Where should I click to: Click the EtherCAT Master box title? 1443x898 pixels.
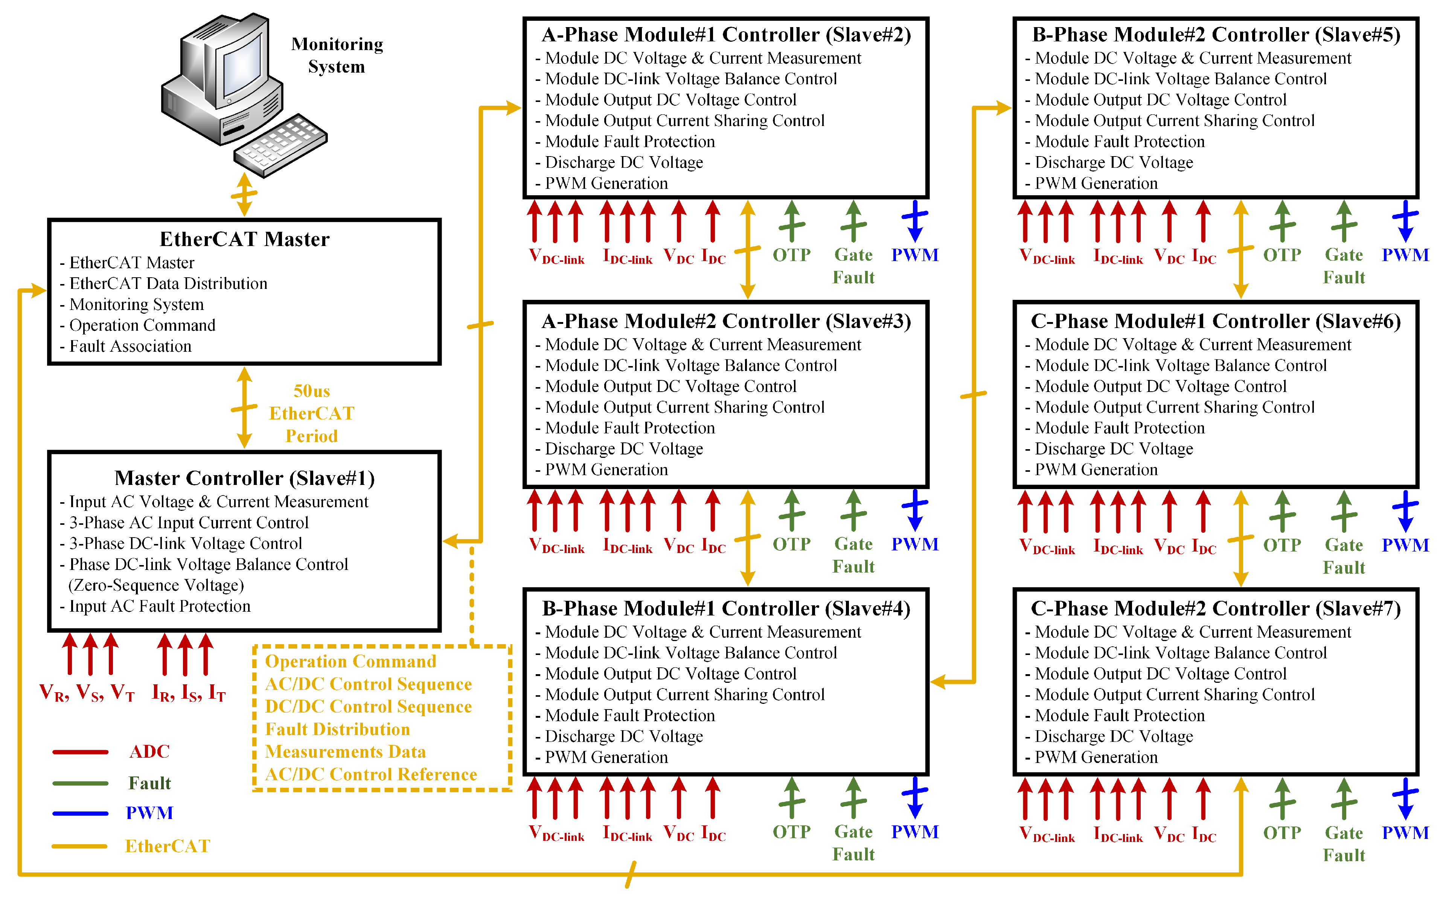244,239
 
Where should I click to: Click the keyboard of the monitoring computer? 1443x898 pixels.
280,146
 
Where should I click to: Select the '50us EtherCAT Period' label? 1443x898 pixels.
311,413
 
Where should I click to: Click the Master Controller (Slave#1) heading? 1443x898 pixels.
244,478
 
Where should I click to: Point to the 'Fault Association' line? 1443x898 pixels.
130,346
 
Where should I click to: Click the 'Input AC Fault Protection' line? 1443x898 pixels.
159,606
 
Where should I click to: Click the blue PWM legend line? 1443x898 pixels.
80,814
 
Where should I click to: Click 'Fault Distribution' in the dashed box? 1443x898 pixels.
338,729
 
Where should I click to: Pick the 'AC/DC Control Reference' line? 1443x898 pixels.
371,775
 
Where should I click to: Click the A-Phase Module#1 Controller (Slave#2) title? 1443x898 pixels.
726,35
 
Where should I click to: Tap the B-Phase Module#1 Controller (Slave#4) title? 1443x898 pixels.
726,609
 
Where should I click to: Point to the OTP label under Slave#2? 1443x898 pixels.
792,255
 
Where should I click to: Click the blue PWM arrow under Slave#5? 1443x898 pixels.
1405,220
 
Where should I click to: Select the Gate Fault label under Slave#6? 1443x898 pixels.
1344,556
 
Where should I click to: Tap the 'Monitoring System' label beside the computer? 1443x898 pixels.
337,55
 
